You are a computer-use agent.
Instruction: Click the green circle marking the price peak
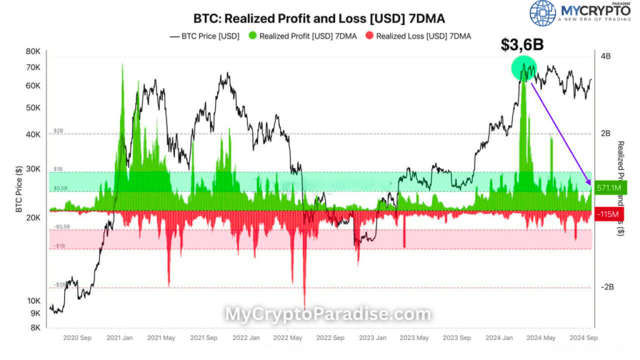pyautogui.click(x=524, y=68)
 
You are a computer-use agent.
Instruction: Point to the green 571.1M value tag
pyautogui.click(x=608, y=187)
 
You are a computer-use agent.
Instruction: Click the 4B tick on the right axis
pyautogui.click(x=606, y=56)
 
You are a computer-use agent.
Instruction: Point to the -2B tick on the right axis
pyautogui.click(x=607, y=287)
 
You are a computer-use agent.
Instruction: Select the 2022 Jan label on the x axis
pyautogui.click(x=246, y=338)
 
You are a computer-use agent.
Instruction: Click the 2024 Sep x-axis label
pyautogui.click(x=582, y=338)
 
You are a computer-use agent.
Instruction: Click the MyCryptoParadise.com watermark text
pyautogui.click(x=327, y=314)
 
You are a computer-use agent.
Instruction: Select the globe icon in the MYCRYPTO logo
pyautogui.click(x=542, y=14)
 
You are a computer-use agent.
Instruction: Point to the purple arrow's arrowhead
pyautogui.click(x=589, y=182)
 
